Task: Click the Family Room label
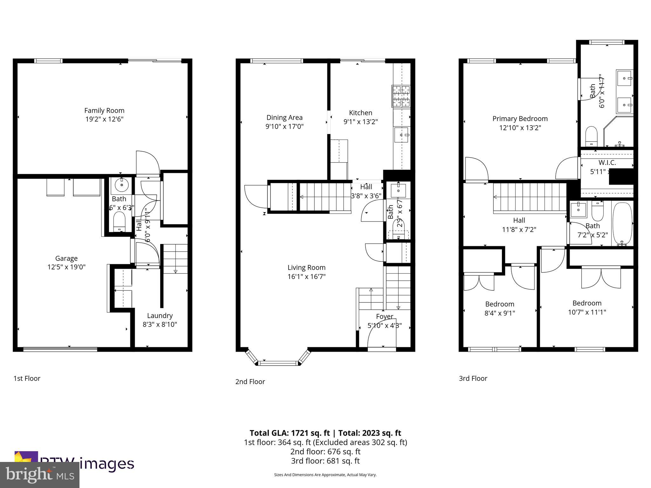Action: coord(104,111)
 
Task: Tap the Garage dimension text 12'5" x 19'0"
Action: coord(66,267)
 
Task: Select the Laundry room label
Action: coord(160,315)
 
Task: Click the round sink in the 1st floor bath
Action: coord(121,185)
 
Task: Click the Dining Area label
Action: coord(284,118)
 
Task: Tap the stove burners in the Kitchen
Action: coord(401,96)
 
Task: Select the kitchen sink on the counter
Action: coord(402,135)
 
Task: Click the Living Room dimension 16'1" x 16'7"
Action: coord(306,277)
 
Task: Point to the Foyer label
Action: coord(385,316)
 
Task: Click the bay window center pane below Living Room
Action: coord(278,363)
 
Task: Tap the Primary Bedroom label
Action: coord(520,119)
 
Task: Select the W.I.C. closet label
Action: coord(607,163)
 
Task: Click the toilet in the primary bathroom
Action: coord(592,136)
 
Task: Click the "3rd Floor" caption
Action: coord(473,378)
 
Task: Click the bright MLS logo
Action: coord(39,475)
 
